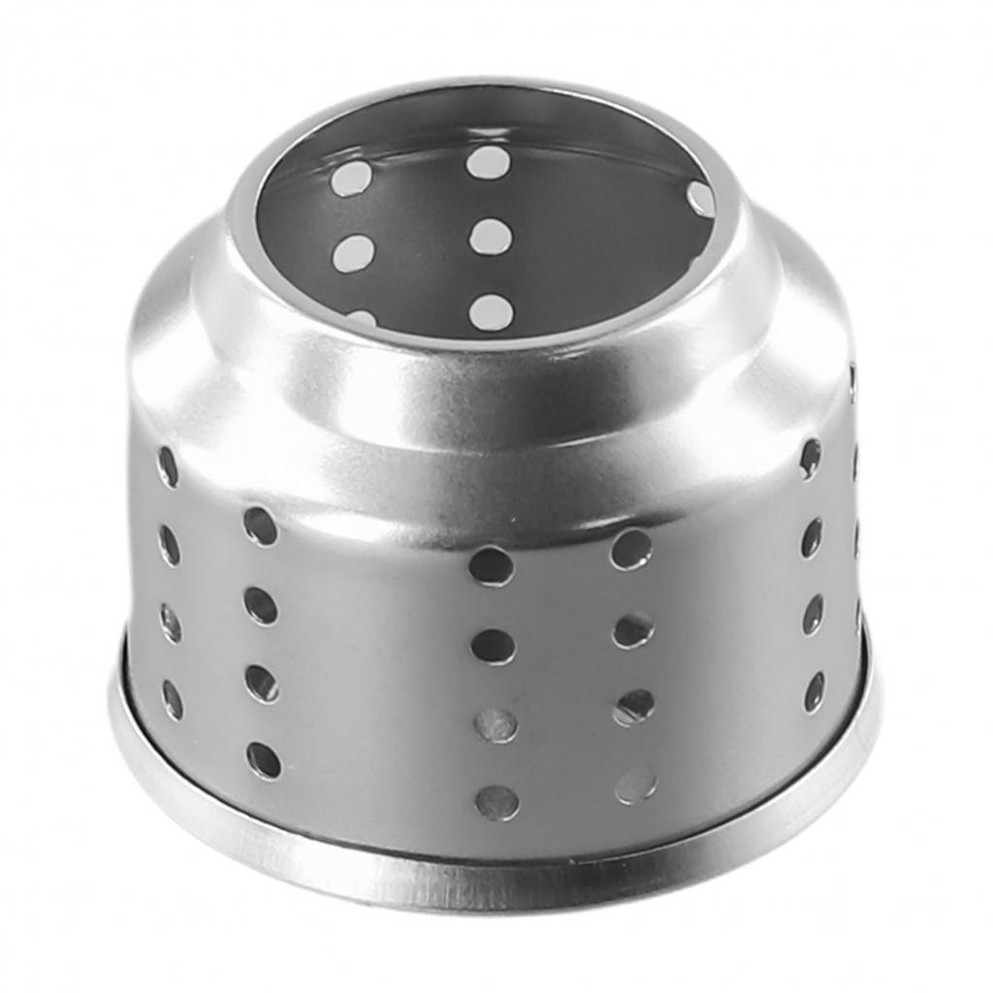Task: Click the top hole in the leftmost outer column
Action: pyautogui.click(x=168, y=466)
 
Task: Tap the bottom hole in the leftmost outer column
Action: pyautogui.click(x=172, y=699)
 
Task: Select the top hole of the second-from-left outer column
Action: pyautogui.click(x=260, y=527)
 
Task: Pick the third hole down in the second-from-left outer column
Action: pyautogui.click(x=261, y=683)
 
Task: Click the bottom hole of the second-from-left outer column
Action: pyautogui.click(x=264, y=760)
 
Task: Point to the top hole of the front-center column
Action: pyautogui.click(x=492, y=565)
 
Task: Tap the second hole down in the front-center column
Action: pyautogui.click(x=494, y=646)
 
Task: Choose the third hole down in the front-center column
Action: pyautogui.click(x=496, y=724)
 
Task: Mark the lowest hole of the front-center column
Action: pyautogui.click(x=496, y=802)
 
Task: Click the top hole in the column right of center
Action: pyautogui.click(x=630, y=549)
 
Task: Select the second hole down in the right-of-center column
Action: pyautogui.click(x=632, y=630)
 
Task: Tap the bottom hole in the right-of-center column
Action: pyautogui.click(x=636, y=785)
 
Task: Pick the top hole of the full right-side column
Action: pyautogui.click(x=810, y=458)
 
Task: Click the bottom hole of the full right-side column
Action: pyautogui.click(x=815, y=691)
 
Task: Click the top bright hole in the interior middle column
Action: pyautogui.click(x=488, y=163)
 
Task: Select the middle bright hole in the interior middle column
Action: pyautogui.click(x=491, y=237)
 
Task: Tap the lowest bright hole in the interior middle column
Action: pyautogui.click(x=491, y=311)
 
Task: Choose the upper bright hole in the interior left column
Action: pyautogui.click(x=351, y=178)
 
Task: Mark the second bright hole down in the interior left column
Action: pyautogui.click(x=353, y=253)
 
